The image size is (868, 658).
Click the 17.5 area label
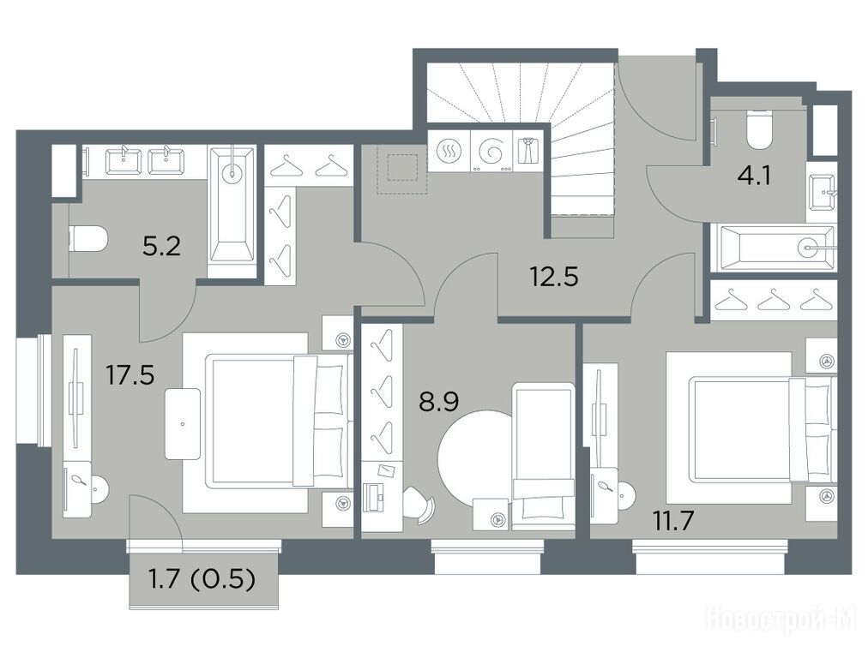(130, 375)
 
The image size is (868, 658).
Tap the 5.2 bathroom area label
(161, 246)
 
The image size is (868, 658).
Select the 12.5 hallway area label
(554, 276)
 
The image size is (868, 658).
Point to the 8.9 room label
(439, 402)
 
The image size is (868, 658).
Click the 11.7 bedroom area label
(673, 521)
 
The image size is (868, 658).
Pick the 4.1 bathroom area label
(754, 178)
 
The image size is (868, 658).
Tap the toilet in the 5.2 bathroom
(87, 238)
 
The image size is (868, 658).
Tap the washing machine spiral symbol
(491, 152)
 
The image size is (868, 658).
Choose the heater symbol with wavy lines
(448, 152)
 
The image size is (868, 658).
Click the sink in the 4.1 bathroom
(822, 192)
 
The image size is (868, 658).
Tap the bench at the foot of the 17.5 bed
(183, 423)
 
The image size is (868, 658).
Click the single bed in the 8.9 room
(544, 456)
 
